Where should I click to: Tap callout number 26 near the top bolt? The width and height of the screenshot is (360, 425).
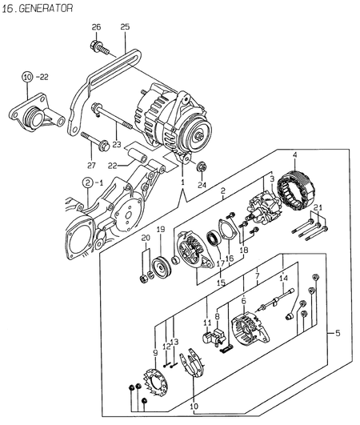[97, 28]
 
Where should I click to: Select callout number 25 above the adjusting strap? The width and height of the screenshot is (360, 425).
[124, 28]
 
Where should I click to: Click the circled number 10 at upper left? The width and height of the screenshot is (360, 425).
[27, 77]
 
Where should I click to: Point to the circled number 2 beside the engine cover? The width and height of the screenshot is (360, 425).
[86, 183]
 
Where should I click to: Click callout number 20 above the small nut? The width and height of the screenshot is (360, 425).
[145, 239]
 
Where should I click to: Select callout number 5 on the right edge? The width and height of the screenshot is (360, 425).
[336, 332]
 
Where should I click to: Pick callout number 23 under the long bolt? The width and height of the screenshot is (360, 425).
[117, 145]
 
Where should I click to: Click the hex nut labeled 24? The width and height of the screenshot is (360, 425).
[202, 168]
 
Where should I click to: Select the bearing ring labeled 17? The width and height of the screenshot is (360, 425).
[214, 238]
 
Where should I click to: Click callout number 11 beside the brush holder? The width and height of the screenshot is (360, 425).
[206, 323]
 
